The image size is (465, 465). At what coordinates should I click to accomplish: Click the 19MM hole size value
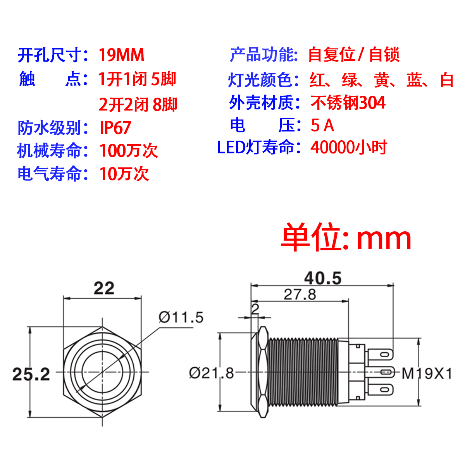tap(121, 55)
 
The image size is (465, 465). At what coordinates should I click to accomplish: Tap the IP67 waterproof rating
tap(115, 128)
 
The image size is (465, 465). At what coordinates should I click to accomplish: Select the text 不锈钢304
tap(348, 103)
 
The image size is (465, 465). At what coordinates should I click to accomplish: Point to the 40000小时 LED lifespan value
tap(348, 147)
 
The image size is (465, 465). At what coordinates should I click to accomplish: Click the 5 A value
tap(322, 125)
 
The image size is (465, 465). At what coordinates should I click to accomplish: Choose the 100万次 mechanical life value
tap(128, 151)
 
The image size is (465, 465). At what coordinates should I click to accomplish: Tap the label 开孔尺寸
tap(50, 55)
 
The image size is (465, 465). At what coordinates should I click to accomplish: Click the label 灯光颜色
tap(260, 80)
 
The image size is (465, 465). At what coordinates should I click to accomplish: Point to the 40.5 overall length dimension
tap(322, 278)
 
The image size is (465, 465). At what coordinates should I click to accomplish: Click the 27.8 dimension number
tap(300, 294)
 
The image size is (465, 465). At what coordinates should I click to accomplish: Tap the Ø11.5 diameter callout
tap(181, 317)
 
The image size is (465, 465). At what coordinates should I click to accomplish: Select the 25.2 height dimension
tap(31, 374)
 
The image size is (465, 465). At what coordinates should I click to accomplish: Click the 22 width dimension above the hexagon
tap(104, 288)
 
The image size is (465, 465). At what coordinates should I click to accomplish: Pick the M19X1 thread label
tap(427, 374)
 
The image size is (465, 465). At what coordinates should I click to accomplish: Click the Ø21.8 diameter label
tap(212, 373)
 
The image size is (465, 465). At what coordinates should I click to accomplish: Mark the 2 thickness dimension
tap(255, 309)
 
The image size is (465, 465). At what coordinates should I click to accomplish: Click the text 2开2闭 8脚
tap(138, 104)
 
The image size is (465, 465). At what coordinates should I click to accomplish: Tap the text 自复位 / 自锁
tap(353, 55)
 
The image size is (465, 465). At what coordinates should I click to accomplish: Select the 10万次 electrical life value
tap(124, 174)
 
